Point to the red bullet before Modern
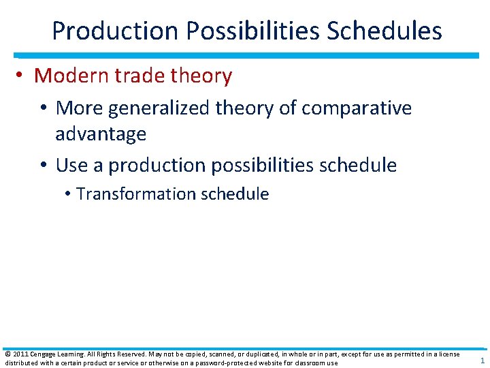tap(22, 76)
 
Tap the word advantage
tap(101, 134)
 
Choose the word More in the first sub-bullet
tap(80, 108)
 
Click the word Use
tap(72, 165)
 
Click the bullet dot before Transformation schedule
tap(69, 194)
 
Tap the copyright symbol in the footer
tap(7, 354)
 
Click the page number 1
tap(482, 361)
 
